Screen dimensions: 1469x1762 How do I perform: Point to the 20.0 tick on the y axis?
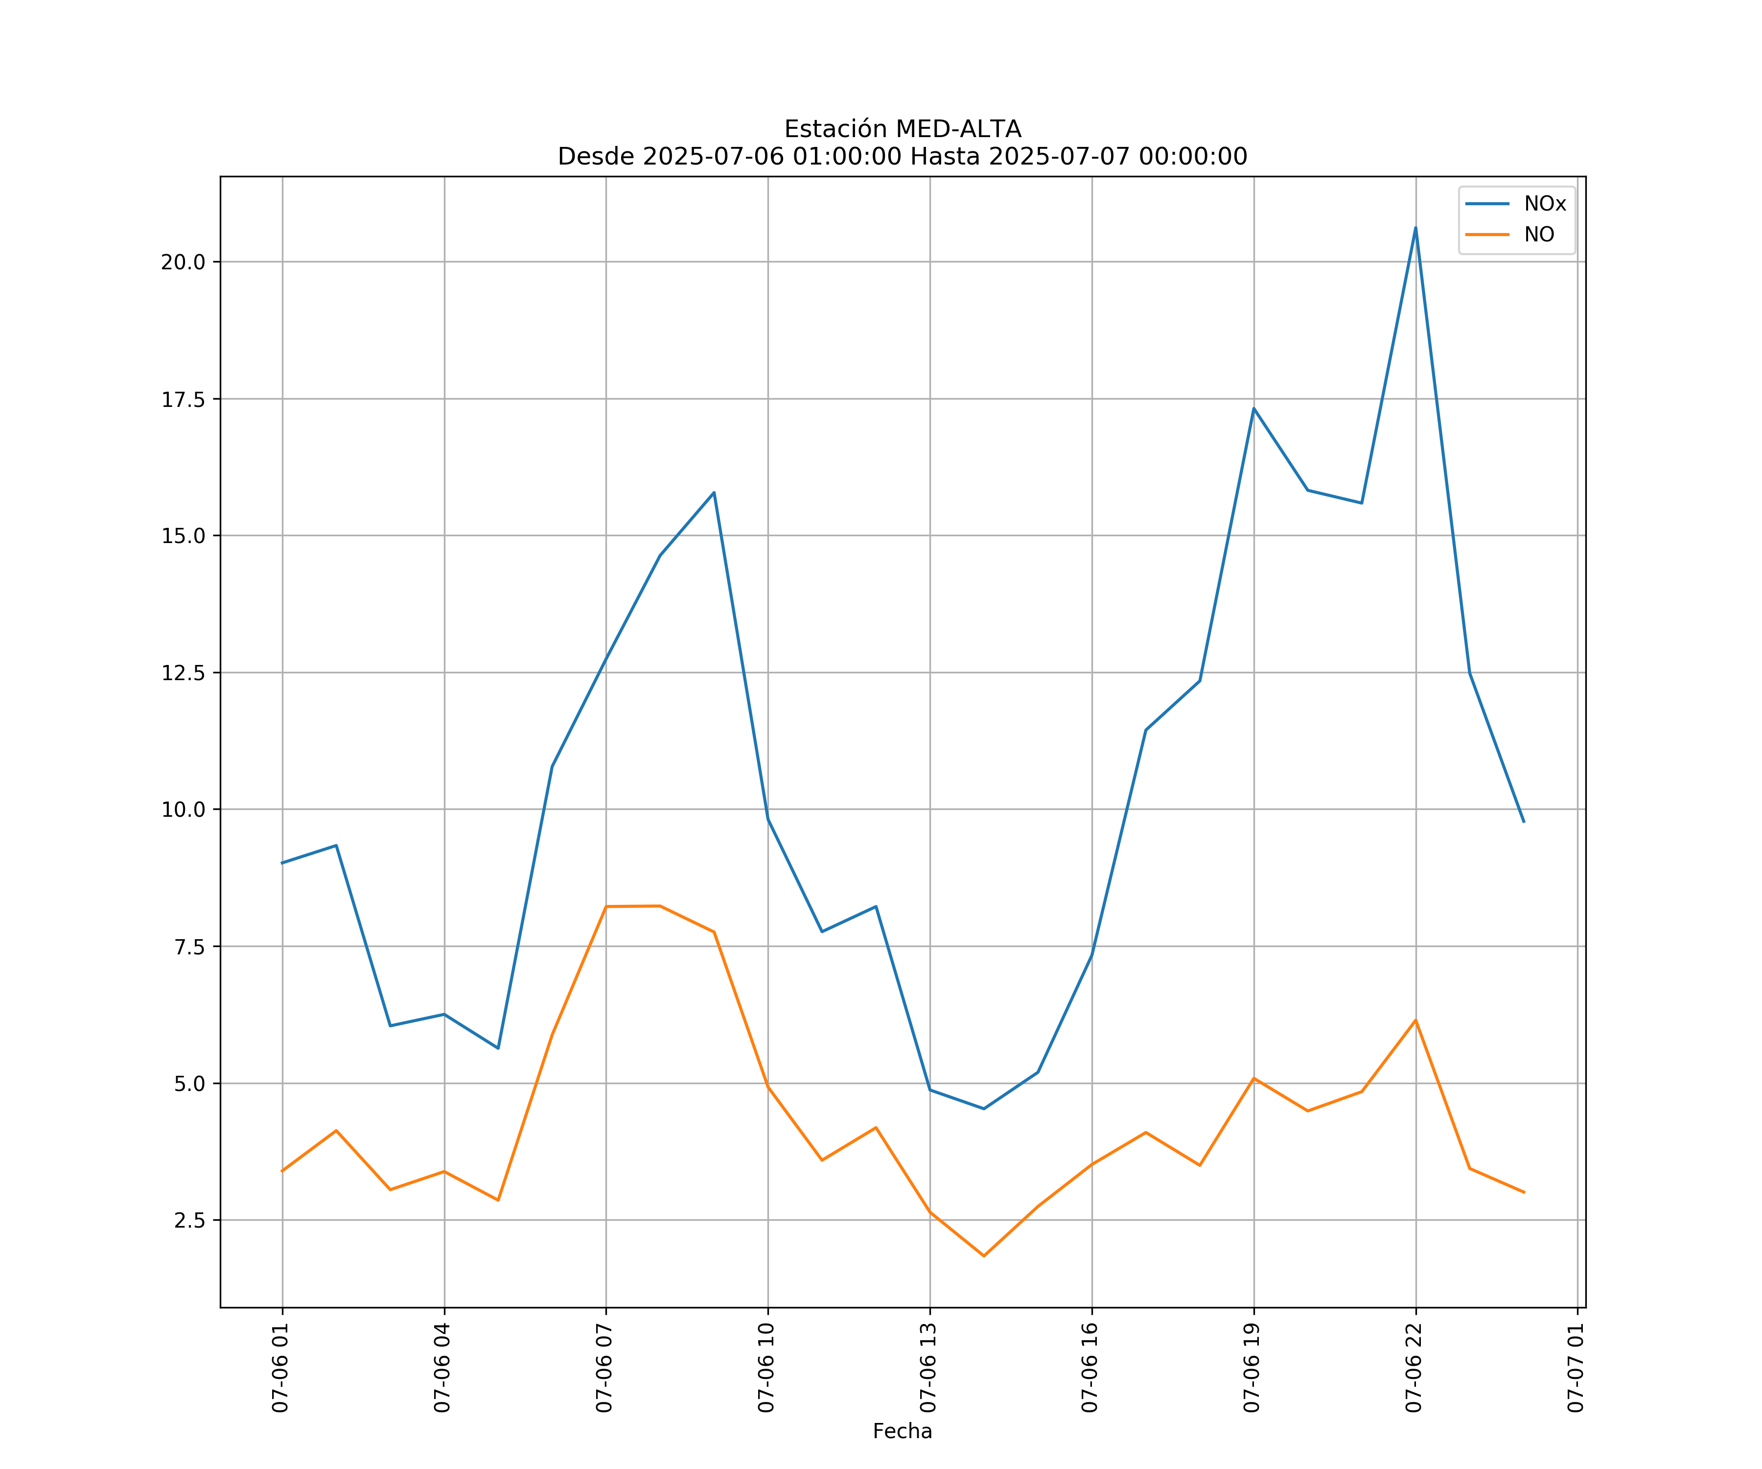point(183,262)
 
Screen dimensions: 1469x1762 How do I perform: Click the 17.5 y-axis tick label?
point(183,400)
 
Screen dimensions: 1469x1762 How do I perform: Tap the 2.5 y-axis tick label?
point(189,1221)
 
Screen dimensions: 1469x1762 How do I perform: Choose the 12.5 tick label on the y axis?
point(183,673)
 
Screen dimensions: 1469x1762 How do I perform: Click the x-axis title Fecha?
point(902,1431)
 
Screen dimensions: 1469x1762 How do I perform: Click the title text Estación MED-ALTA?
point(902,129)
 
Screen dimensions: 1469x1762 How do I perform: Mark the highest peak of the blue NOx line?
point(1415,228)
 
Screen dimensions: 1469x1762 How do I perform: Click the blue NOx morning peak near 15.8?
point(714,493)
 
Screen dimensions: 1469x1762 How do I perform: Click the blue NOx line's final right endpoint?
point(1524,822)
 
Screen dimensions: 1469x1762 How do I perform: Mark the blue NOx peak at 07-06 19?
point(1253,409)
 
